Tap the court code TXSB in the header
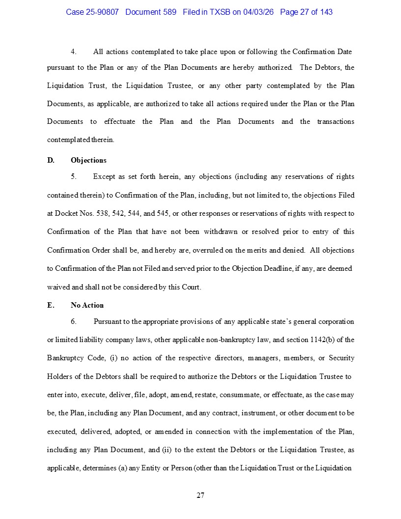[x=218, y=12]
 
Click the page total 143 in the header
[x=325, y=12]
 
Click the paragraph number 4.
[x=73, y=52]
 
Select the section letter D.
[x=51, y=160]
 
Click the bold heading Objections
[x=88, y=160]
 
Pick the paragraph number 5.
[x=73, y=176]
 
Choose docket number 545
[x=162, y=213]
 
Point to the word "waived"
[x=57, y=287]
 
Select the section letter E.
[x=50, y=305]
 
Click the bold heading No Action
[x=87, y=305]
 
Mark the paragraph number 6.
[x=73, y=321]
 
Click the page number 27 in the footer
[x=200, y=495]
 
